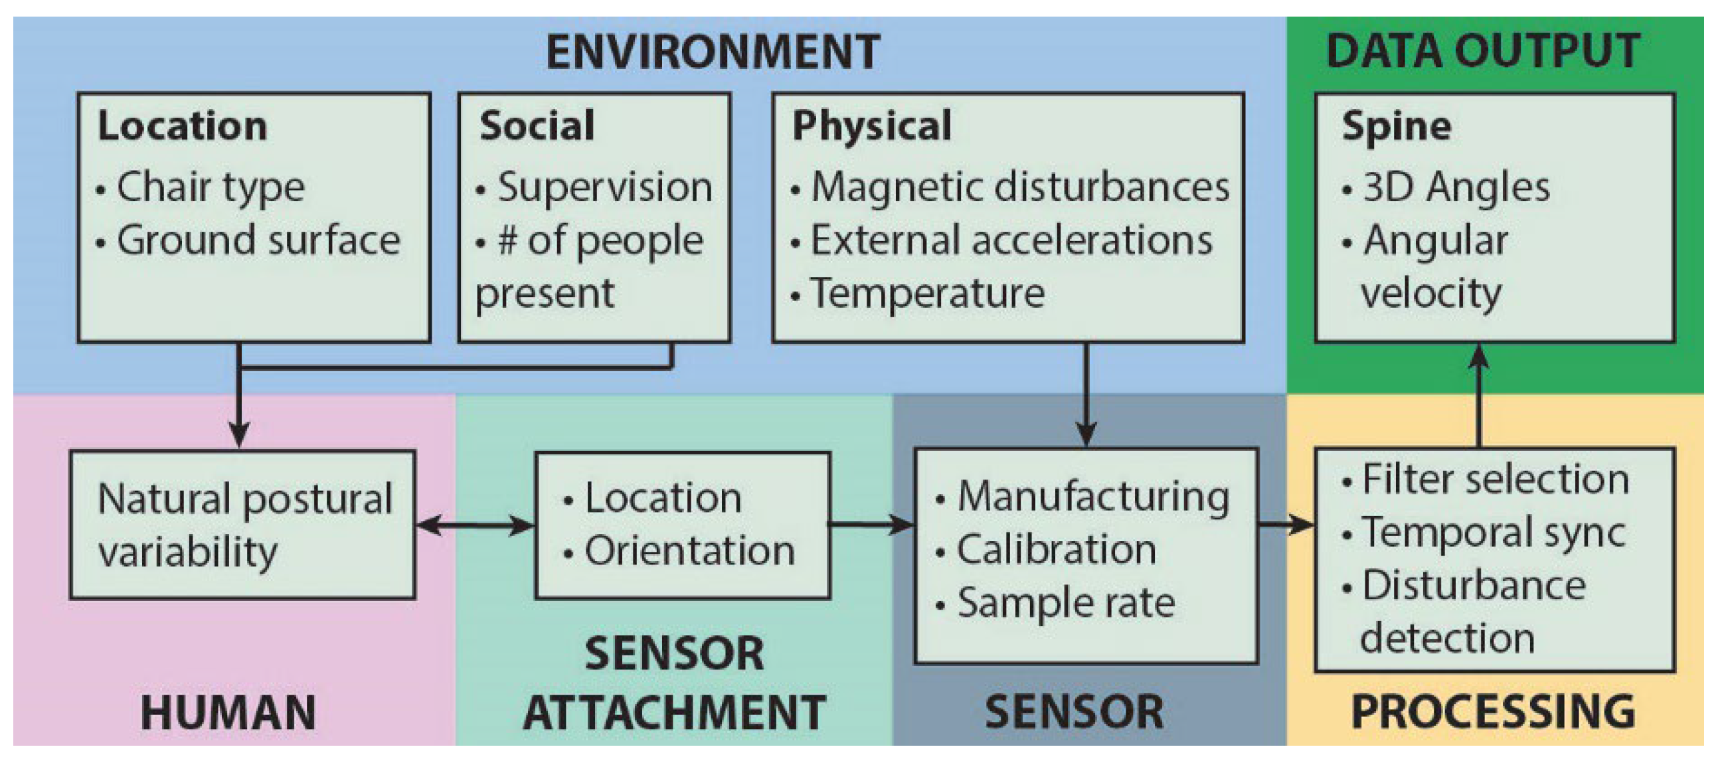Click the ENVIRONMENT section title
713,52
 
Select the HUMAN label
228,713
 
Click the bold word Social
537,126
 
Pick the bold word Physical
872,126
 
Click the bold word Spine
1397,126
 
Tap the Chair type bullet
211,187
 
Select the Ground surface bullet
258,240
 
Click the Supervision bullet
604,187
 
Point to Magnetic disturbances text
1019,187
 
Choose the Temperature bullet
927,294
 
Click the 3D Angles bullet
1456,187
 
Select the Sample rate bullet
1066,603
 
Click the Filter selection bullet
1494,479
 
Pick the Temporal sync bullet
1493,533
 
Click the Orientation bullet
689,551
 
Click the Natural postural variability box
243,525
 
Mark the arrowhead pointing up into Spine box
1480,355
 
